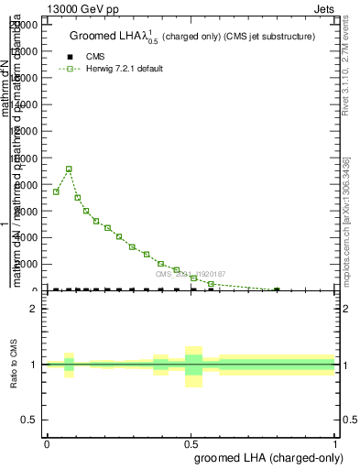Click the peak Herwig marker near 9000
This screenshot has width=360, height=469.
point(69,169)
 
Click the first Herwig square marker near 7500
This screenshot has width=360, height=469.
point(56,191)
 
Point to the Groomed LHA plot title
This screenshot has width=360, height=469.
point(192,37)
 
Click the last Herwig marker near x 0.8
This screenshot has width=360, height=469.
point(277,290)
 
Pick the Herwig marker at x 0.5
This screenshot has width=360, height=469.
point(193,278)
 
